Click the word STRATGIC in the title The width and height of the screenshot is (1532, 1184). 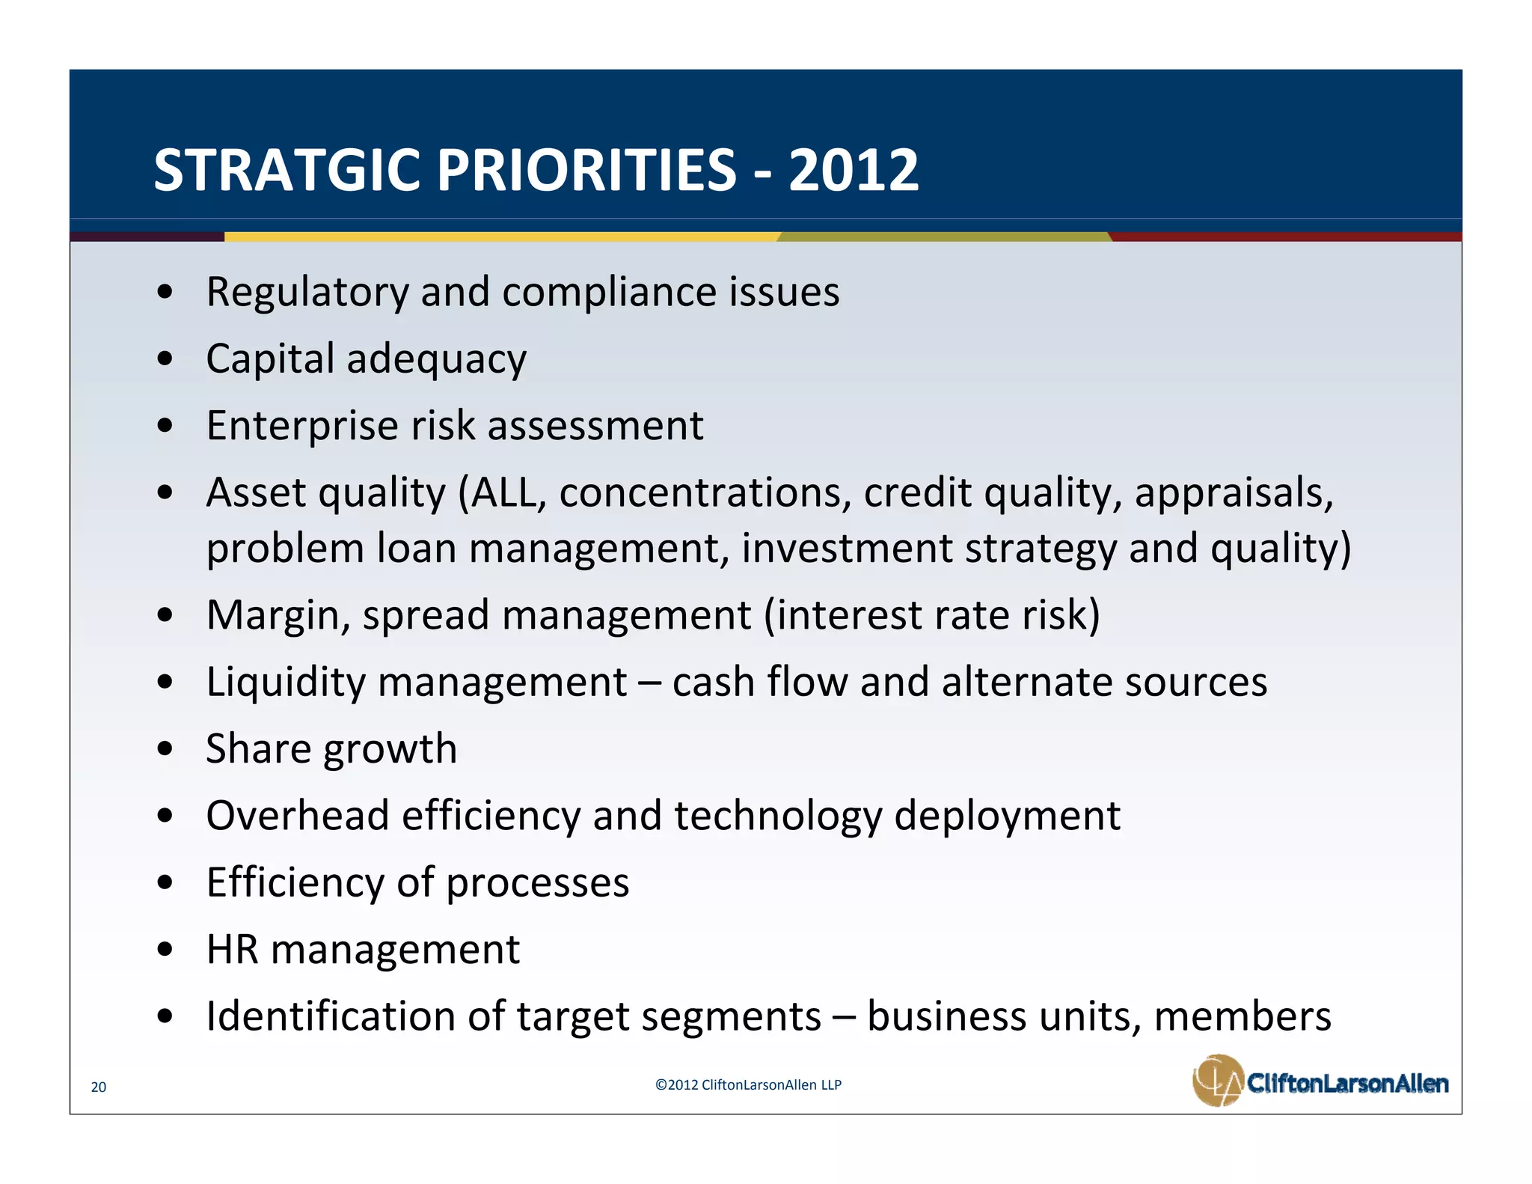pos(288,170)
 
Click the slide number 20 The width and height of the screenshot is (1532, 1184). pos(98,1087)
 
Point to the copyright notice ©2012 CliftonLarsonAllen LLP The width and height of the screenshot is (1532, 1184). pos(748,1084)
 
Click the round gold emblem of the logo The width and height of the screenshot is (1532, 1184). pos(1217,1080)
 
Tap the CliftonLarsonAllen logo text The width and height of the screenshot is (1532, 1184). pos(1347,1083)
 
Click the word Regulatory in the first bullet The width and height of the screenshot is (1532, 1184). pos(307,293)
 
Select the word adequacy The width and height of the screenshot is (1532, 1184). pos(436,360)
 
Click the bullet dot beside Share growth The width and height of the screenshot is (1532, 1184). pos(165,749)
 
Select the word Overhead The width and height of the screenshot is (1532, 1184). pos(297,816)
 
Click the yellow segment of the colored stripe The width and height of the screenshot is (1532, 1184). pos(501,237)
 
